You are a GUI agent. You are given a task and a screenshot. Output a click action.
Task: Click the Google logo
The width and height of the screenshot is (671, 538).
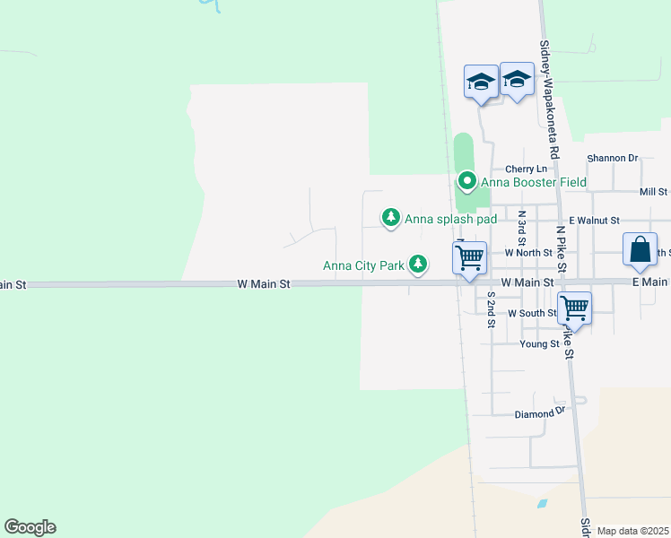[x=30, y=527]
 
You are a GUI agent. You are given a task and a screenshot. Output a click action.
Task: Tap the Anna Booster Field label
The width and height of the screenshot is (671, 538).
[x=534, y=182]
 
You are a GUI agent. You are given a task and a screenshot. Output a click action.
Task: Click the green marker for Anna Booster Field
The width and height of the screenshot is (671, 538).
[x=466, y=182]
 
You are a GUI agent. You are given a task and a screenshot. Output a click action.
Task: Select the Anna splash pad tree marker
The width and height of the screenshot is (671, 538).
[x=390, y=218]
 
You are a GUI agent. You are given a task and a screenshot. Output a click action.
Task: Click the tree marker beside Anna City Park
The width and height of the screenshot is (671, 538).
[x=418, y=264]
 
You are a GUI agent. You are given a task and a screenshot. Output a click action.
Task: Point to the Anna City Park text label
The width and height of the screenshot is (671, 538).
[x=364, y=265]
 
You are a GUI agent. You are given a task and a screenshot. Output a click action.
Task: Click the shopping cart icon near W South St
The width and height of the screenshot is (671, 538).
[x=574, y=308]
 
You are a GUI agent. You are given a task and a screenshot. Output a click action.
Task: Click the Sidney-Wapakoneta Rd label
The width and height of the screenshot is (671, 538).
[x=546, y=89]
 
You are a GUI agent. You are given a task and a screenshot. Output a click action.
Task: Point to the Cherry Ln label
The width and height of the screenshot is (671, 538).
[x=526, y=169]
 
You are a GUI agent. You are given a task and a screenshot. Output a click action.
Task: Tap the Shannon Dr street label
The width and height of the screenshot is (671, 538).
[x=612, y=158]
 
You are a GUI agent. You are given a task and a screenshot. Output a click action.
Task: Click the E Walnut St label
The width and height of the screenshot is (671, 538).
[x=594, y=220]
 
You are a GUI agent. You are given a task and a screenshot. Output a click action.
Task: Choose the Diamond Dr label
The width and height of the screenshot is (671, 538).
[x=542, y=413]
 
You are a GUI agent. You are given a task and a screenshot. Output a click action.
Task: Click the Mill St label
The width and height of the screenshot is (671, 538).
[x=654, y=192]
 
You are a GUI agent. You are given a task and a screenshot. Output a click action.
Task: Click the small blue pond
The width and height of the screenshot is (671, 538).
[x=542, y=504]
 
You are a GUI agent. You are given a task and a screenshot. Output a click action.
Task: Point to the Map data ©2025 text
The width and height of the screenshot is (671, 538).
[x=632, y=531]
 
